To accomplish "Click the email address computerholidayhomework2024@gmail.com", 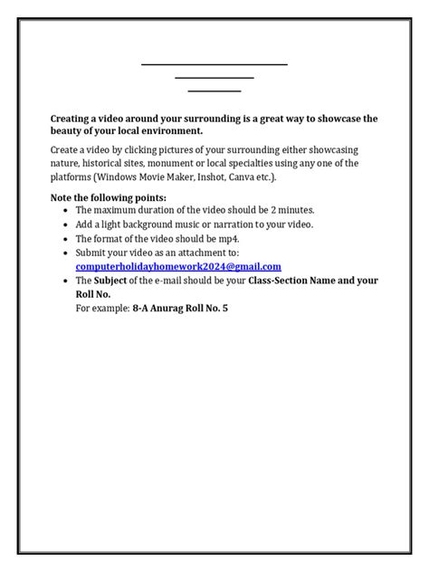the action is [x=178, y=266].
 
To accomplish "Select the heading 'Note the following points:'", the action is [x=109, y=196].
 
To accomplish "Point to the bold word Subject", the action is [x=112, y=281].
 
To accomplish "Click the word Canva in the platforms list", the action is [x=271, y=177].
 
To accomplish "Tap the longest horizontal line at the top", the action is [x=214, y=64].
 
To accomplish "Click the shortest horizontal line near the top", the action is [x=214, y=91].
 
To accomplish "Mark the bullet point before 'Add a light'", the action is [x=66, y=224].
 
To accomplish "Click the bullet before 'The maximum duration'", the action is [x=66, y=210].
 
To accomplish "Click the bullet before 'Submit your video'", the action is [x=66, y=253].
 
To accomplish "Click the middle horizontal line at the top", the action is [x=214, y=78].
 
